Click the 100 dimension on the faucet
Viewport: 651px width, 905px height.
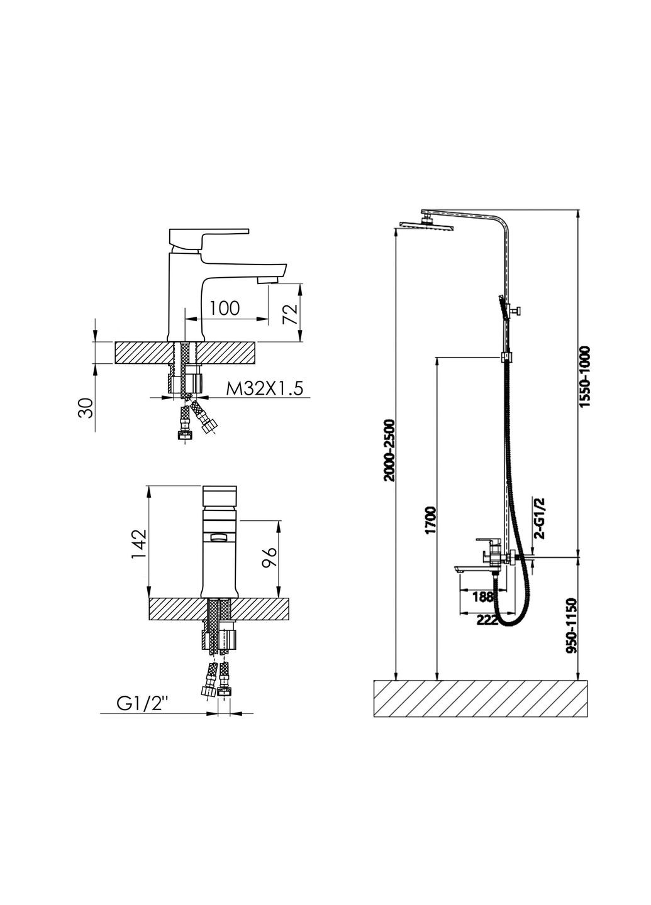225,308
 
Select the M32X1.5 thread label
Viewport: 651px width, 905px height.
264,388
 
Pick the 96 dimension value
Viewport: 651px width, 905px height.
269,558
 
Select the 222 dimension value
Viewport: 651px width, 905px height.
487,620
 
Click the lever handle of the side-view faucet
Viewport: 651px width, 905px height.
208,238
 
